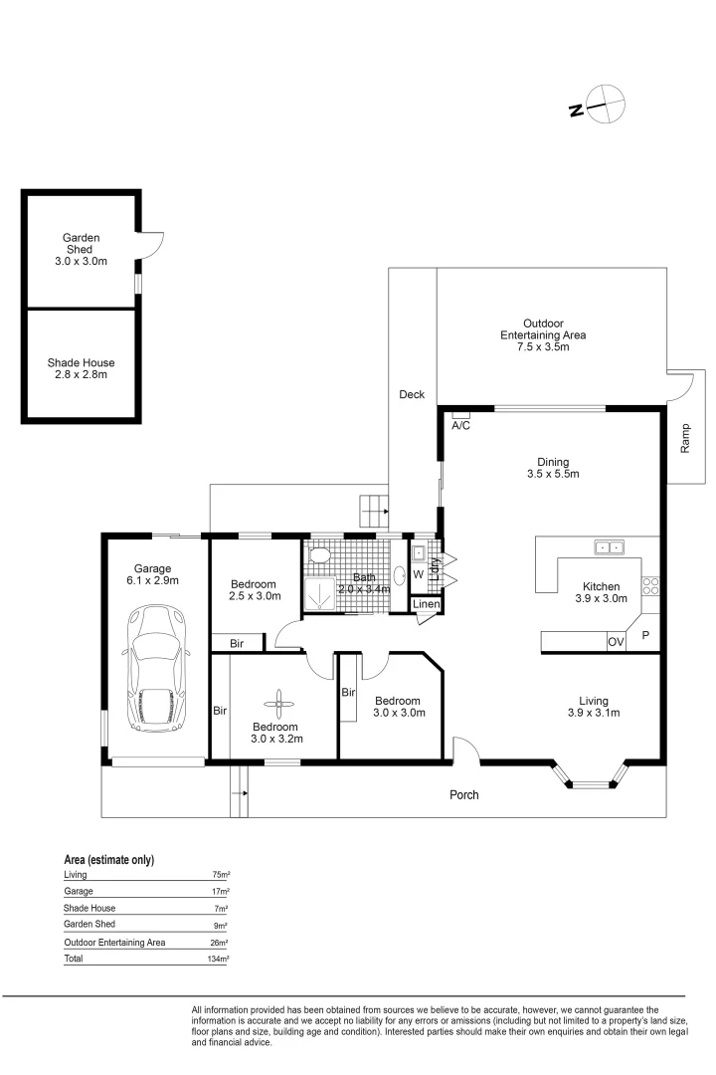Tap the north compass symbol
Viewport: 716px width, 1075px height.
[598, 106]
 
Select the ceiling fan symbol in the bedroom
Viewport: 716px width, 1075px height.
[279, 704]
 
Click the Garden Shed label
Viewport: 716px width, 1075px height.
[81, 244]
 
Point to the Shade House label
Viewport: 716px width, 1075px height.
[81, 362]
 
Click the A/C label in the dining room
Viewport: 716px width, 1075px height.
[460, 426]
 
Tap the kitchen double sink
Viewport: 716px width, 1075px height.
[610, 547]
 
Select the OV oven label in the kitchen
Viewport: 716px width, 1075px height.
[616, 642]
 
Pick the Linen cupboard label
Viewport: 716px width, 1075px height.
[427, 604]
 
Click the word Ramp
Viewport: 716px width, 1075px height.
[685, 438]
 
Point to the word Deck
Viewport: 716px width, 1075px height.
[412, 394]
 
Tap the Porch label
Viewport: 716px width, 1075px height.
[463, 794]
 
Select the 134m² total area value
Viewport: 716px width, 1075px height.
[218, 960]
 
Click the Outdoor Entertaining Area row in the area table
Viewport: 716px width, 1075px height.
[145, 943]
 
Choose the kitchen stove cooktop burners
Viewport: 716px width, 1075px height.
[650, 586]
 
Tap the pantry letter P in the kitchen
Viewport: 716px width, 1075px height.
[645, 635]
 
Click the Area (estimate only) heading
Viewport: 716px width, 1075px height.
[109, 860]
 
